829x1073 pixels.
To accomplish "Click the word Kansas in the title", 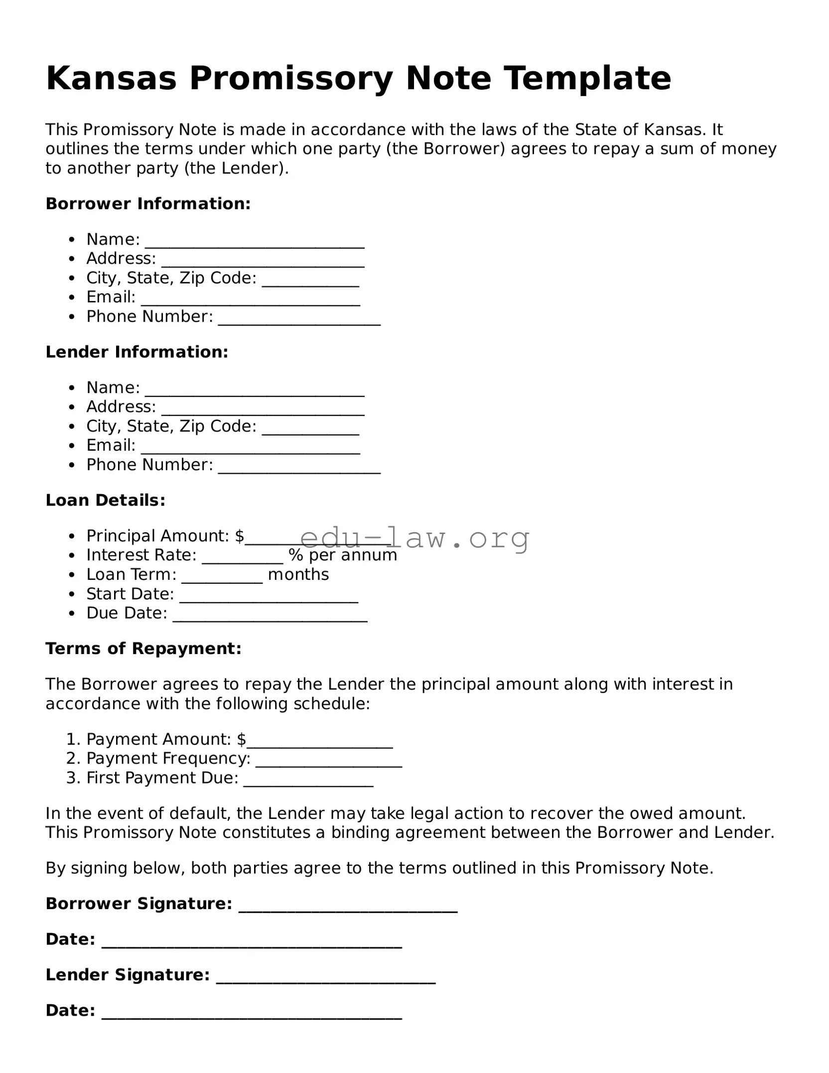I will click(111, 78).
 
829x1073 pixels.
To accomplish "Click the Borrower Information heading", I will click(148, 204).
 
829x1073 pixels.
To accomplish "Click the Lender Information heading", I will click(137, 352).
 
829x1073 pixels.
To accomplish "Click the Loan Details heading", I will click(105, 500).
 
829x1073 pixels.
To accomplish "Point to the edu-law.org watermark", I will click(414, 538).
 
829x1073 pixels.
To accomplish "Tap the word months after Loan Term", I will click(298, 575).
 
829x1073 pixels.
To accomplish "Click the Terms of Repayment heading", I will click(143, 649).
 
